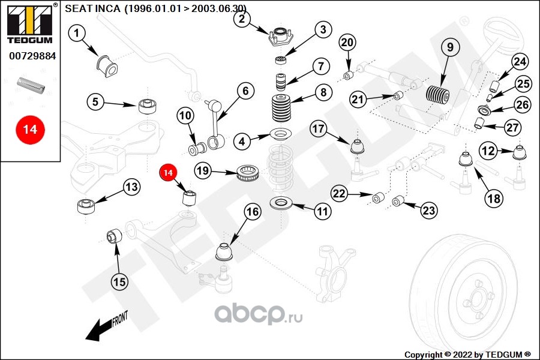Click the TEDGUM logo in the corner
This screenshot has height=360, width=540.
click(x=30, y=23)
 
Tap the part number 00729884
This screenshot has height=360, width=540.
click(x=32, y=56)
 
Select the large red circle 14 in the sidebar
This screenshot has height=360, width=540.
click(x=30, y=130)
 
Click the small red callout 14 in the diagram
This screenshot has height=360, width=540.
click(x=168, y=172)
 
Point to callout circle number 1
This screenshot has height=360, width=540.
click(x=77, y=34)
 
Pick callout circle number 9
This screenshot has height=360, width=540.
click(x=451, y=47)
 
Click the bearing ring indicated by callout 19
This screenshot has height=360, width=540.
click(x=248, y=173)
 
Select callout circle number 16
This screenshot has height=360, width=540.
click(x=253, y=212)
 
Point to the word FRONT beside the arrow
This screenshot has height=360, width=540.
click(x=120, y=319)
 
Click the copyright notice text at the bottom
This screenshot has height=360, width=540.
click(x=467, y=355)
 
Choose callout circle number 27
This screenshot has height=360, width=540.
click(x=512, y=128)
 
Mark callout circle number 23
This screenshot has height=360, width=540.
click(x=429, y=210)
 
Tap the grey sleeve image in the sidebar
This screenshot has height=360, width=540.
click(x=31, y=85)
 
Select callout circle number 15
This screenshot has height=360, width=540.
click(x=119, y=282)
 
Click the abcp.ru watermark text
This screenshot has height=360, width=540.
click(x=259, y=314)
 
